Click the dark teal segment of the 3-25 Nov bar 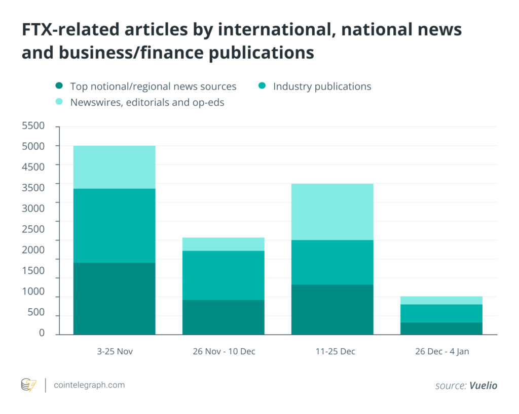(x=114, y=299)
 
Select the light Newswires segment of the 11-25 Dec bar (x=332, y=212)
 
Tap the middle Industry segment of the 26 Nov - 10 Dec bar (x=223, y=275)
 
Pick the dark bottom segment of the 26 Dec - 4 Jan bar (x=441, y=328)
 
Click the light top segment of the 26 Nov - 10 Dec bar (x=223, y=244)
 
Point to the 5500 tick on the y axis (x=33, y=126)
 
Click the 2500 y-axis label (x=33, y=229)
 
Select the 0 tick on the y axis (x=42, y=333)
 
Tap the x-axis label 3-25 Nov (x=114, y=351)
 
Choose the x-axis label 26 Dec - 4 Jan (x=441, y=351)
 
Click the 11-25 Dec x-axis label (x=332, y=351)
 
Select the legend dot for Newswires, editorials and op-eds (x=59, y=102)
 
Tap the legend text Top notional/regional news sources (x=153, y=87)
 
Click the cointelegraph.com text (x=89, y=385)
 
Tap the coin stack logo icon (x=28, y=385)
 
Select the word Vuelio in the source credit (x=483, y=386)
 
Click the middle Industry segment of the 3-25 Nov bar (x=114, y=225)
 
